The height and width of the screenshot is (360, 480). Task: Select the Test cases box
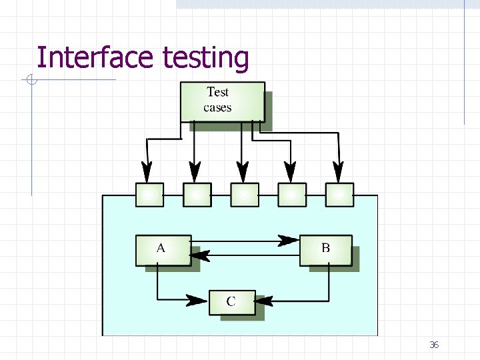coord(222,101)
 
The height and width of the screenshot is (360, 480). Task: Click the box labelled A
coord(163,250)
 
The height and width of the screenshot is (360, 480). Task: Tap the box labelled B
coord(325,250)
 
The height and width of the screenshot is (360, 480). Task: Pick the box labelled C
coord(231,301)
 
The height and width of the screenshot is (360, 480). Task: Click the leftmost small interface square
coord(149,195)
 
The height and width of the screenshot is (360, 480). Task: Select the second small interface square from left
coord(197,195)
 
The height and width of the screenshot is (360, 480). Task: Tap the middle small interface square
coord(244,195)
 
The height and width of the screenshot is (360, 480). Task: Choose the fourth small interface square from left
coord(291,195)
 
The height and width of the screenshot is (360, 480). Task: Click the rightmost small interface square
coord(339,195)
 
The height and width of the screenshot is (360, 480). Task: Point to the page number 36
coord(434,345)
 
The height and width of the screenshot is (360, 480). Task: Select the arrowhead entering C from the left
coord(197,301)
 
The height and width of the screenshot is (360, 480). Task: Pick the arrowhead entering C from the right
coord(265,301)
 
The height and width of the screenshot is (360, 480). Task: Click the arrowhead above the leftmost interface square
coord(147,172)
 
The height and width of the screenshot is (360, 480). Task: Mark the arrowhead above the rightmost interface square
coord(339,172)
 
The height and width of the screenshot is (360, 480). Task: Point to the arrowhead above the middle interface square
coord(243,172)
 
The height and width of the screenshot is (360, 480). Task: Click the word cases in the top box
coord(217,107)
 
